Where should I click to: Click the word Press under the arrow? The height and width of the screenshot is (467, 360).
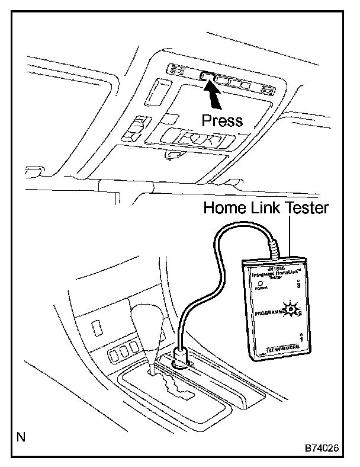(222, 121)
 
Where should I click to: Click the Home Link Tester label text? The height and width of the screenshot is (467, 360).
(266, 208)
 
